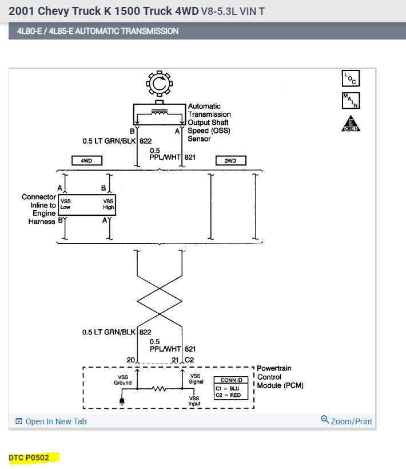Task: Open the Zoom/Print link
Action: (347, 421)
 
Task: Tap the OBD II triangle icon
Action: (351, 123)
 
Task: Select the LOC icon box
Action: (351, 78)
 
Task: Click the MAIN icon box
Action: (351, 100)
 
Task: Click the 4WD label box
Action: (86, 161)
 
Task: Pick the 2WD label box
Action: (230, 161)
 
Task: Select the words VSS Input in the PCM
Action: (196, 400)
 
